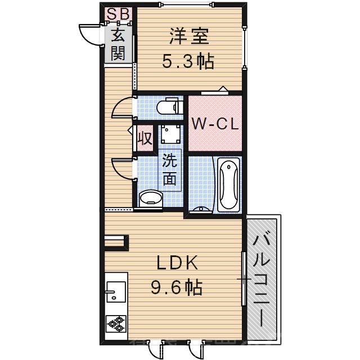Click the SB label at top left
tap(118, 13)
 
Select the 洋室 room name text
tap(188, 37)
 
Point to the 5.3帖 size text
tap(188, 61)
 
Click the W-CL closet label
tap(214, 124)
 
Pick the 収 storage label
tap(144, 138)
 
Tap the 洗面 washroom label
tap(170, 169)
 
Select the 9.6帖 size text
tap(176, 288)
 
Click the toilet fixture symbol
tap(168, 106)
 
